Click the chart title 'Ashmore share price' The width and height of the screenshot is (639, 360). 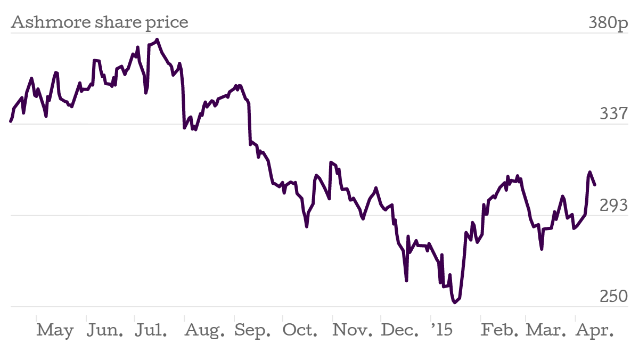tap(100, 22)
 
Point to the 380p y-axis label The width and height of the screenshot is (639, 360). tap(609, 22)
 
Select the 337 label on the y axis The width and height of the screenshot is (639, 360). tap(614, 113)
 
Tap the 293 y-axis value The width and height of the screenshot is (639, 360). tap(614, 205)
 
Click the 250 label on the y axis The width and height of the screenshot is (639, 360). tap(614, 296)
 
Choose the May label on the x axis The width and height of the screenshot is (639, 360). tap(55, 330)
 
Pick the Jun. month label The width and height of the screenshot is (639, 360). tap(105, 330)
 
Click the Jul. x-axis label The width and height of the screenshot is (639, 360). tap(151, 330)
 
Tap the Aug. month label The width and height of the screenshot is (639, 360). tap(204, 330)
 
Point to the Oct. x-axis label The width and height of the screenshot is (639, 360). tap(300, 330)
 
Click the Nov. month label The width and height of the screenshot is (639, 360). tap(352, 330)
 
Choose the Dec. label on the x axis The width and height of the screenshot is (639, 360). tap(400, 330)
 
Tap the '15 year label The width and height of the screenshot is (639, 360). tap(441, 330)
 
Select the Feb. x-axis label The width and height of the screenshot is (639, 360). tap(499, 330)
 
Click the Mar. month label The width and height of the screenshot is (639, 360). tap(546, 330)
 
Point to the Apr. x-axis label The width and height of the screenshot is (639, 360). tap(595, 330)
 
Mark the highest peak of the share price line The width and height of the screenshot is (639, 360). tap(158, 39)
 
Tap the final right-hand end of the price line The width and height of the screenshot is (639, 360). tap(595, 185)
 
